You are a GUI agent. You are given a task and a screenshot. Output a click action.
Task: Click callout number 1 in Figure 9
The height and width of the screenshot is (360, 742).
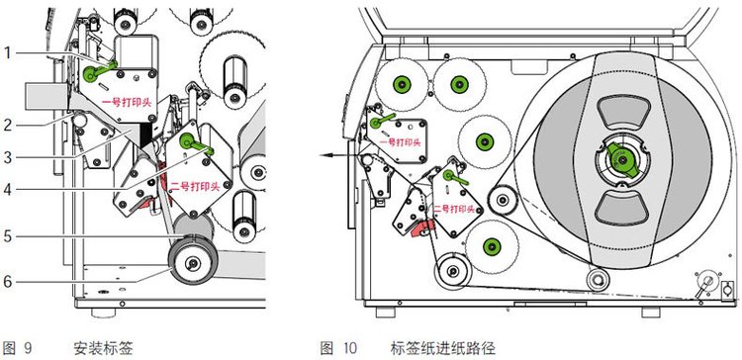click(x=8, y=53)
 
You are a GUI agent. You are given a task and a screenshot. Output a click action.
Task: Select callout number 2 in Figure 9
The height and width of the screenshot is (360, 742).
click(x=8, y=127)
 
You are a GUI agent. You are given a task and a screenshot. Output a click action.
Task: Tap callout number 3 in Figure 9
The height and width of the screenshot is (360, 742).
click(x=8, y=157)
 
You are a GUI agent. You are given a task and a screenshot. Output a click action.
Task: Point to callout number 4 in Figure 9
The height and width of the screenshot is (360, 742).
click(x=8, y=190)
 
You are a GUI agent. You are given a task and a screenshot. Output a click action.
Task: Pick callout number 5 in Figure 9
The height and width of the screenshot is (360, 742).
click(x=8, y=235)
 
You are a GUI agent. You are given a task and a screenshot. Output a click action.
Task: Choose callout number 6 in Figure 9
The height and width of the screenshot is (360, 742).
click(x=8, y=282)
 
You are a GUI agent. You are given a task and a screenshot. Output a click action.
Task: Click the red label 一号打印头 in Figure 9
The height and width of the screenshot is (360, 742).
click(x=128, y=102)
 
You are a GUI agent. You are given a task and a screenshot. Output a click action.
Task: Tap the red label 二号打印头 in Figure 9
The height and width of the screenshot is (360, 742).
click(x=195, y=187)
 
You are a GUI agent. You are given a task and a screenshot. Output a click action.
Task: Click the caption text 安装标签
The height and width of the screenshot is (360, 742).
click(x=103, y=349)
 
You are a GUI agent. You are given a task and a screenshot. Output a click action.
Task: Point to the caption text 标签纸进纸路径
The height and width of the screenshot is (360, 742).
click(x=442, y=349)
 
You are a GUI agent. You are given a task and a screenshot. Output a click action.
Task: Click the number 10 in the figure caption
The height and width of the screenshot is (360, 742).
click(x=349, y=349)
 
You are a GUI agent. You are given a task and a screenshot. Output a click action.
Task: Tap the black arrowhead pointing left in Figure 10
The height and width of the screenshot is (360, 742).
click(x=324, y=154)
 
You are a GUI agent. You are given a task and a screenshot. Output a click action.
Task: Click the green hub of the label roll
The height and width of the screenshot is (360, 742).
click(x=622, y=161)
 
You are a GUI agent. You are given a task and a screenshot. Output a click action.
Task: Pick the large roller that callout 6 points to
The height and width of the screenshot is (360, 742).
click(x=193, y=262)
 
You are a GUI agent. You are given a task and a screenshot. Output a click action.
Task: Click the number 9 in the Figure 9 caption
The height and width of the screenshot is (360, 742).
click(x=28, y=349)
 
